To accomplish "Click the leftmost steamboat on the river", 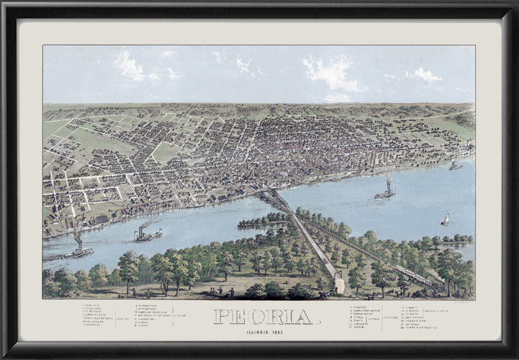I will click(x=78, y=252).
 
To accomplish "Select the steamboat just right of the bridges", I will click(x=385, y=193).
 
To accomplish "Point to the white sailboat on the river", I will click(x=446, y=219).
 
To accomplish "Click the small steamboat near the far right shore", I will click(x=455, y=166).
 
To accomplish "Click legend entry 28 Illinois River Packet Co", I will click(x=419, y=328).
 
